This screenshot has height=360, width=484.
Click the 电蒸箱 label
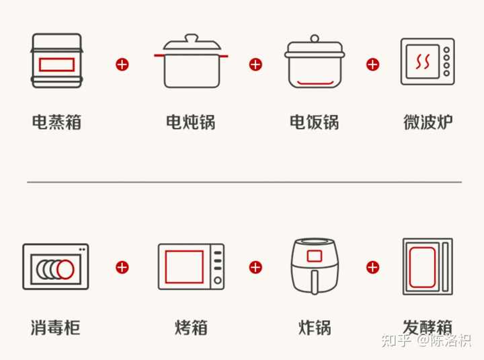coord(56,122)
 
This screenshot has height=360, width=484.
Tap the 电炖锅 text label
coord(190,122)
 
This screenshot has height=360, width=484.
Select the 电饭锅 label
coord(314,122)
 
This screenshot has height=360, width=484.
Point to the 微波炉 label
coord(428,122)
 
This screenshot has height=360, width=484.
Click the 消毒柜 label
coord(56,327)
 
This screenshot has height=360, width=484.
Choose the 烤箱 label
coord(191,327)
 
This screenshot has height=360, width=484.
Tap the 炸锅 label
coord(315,327)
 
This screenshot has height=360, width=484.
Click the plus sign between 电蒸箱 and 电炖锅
coord(122,65)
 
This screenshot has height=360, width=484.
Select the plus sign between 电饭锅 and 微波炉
coord(372,65)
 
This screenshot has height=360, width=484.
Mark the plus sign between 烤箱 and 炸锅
coord(255,267)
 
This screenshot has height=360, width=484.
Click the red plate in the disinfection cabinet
coord(65,269)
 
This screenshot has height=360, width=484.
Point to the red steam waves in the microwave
coord(422,61)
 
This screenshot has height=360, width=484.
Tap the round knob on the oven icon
coord(218,281)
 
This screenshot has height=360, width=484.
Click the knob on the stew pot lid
coord(192,38)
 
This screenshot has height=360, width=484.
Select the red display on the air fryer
coord(314,256)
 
